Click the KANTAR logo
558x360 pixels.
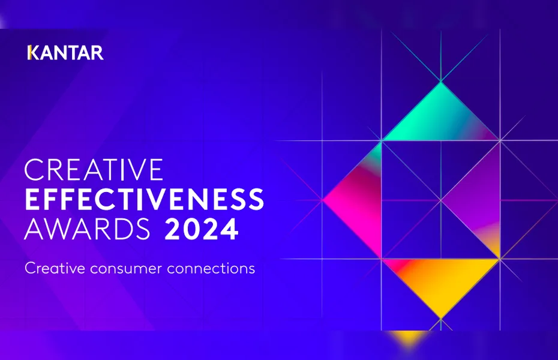tap(65, 53)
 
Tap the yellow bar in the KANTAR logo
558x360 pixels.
tap(29, 53)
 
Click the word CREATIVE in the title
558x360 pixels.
tap(94, 170)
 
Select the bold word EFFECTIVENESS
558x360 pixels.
tap(144, 200)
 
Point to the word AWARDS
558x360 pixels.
tap(88, 230)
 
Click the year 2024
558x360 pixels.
tap(202, 230)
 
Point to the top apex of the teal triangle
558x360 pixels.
tap(441, 82)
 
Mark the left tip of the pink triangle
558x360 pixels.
tap(324, 199)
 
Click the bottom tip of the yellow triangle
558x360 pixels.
tap(441, 317)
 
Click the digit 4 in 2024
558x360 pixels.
tap(229, 230)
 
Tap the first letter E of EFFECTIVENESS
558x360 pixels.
tap(32, 200)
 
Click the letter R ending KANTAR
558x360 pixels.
tap(97, 53)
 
